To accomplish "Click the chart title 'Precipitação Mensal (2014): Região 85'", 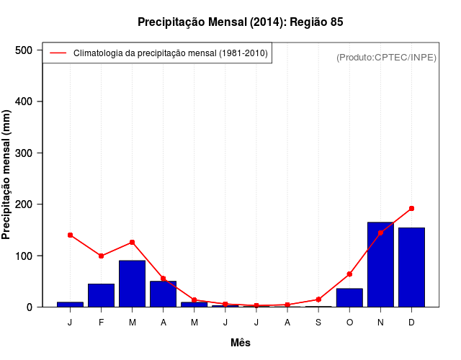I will [x=241, y=22].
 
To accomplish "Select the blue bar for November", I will [x=380, y=264].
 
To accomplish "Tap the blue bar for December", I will [x=411, y=267].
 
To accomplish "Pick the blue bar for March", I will [x=133, y=284].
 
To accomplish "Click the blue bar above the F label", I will [x=102, y=295].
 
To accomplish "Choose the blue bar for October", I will [x=349, y=297].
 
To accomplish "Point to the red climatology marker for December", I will [x=411, y=209].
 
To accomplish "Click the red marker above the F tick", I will [x=102, y=256].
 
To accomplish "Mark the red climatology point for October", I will [x=349, y=274].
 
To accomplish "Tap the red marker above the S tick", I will [x=318, y=300].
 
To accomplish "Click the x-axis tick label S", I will [x=318, y=322].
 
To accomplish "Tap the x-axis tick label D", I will [x=411, y=322].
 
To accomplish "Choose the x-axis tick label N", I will [x=380, y=322].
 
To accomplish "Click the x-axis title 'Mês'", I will [x=241, y=343].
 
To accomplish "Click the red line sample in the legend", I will [x=58, y=53].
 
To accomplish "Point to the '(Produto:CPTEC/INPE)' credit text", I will [x=386, y=57].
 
